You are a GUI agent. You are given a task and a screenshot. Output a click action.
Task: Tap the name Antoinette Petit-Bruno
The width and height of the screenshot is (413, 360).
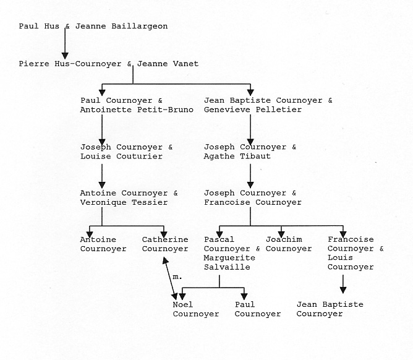pyautogui.click(x=137, y=110)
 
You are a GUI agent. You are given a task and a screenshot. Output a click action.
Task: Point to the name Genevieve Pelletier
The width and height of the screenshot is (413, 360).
pyautogui.click(x=253, y=110)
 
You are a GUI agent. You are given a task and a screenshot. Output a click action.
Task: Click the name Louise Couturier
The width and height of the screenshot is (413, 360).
pyautogui.click(x=121, y=156)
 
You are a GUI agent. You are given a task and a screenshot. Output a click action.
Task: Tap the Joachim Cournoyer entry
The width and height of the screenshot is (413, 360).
pyautogui.click(x=289, y=244)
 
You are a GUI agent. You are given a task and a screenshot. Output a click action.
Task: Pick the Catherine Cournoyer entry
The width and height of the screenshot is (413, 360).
pyautogui.click(x=165, y=244)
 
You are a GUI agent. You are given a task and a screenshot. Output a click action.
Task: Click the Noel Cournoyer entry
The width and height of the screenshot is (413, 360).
pyautogui.click(x=196, y=309)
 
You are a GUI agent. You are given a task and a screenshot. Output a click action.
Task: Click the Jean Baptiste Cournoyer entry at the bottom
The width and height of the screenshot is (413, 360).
pyautogui.click(x=330, y=309)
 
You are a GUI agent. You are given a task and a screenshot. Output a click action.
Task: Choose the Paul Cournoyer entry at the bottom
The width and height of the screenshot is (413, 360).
pyautogui.click(x=258, y=309)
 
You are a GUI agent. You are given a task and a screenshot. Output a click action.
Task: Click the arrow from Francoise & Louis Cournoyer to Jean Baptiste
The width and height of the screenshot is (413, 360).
pyautogui.click(x=343, y=284)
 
